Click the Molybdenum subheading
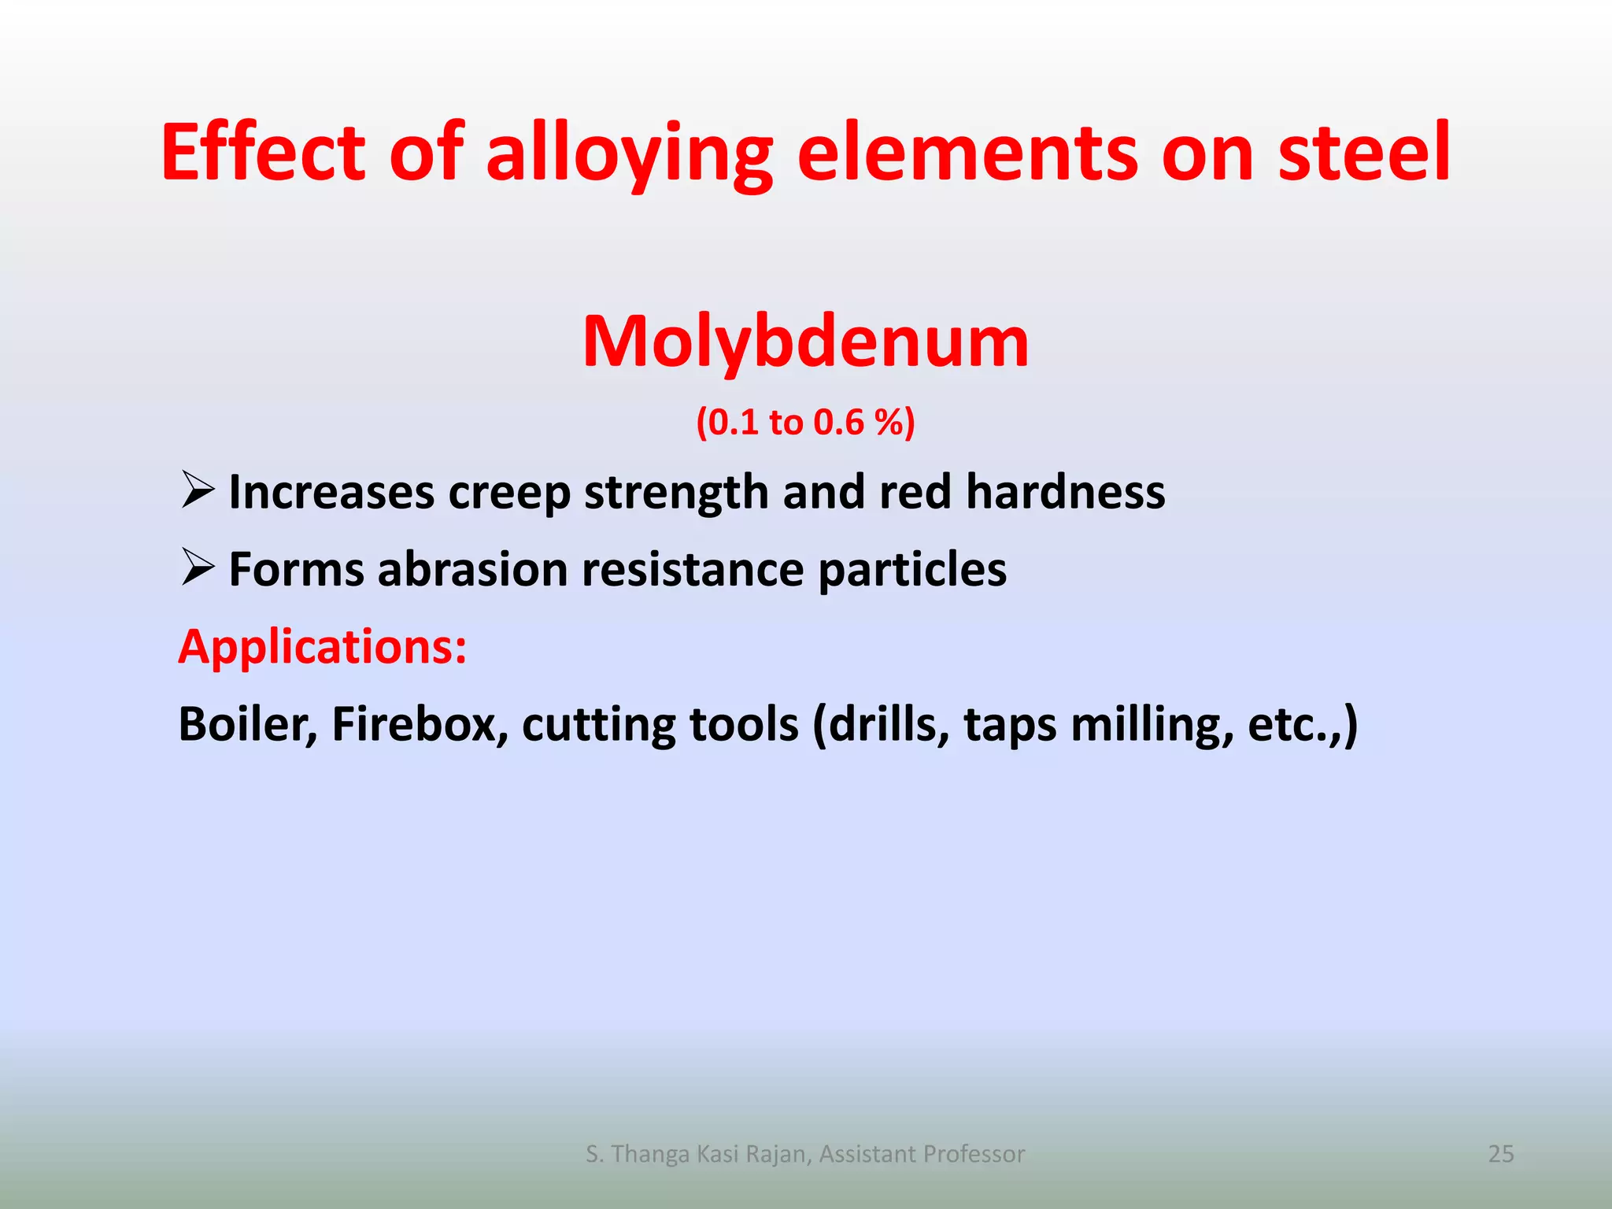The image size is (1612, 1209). pyautogui.click(x=805, y=342)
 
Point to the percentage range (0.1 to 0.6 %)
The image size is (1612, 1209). pyautogui.click(x=805, y=423)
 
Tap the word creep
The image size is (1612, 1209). pyautogui.click(x=508, y=494)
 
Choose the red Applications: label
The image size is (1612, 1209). pyautogui.click(x=323, y=647)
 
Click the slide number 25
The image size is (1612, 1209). pyautogui.click(x=1500, y=1154)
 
